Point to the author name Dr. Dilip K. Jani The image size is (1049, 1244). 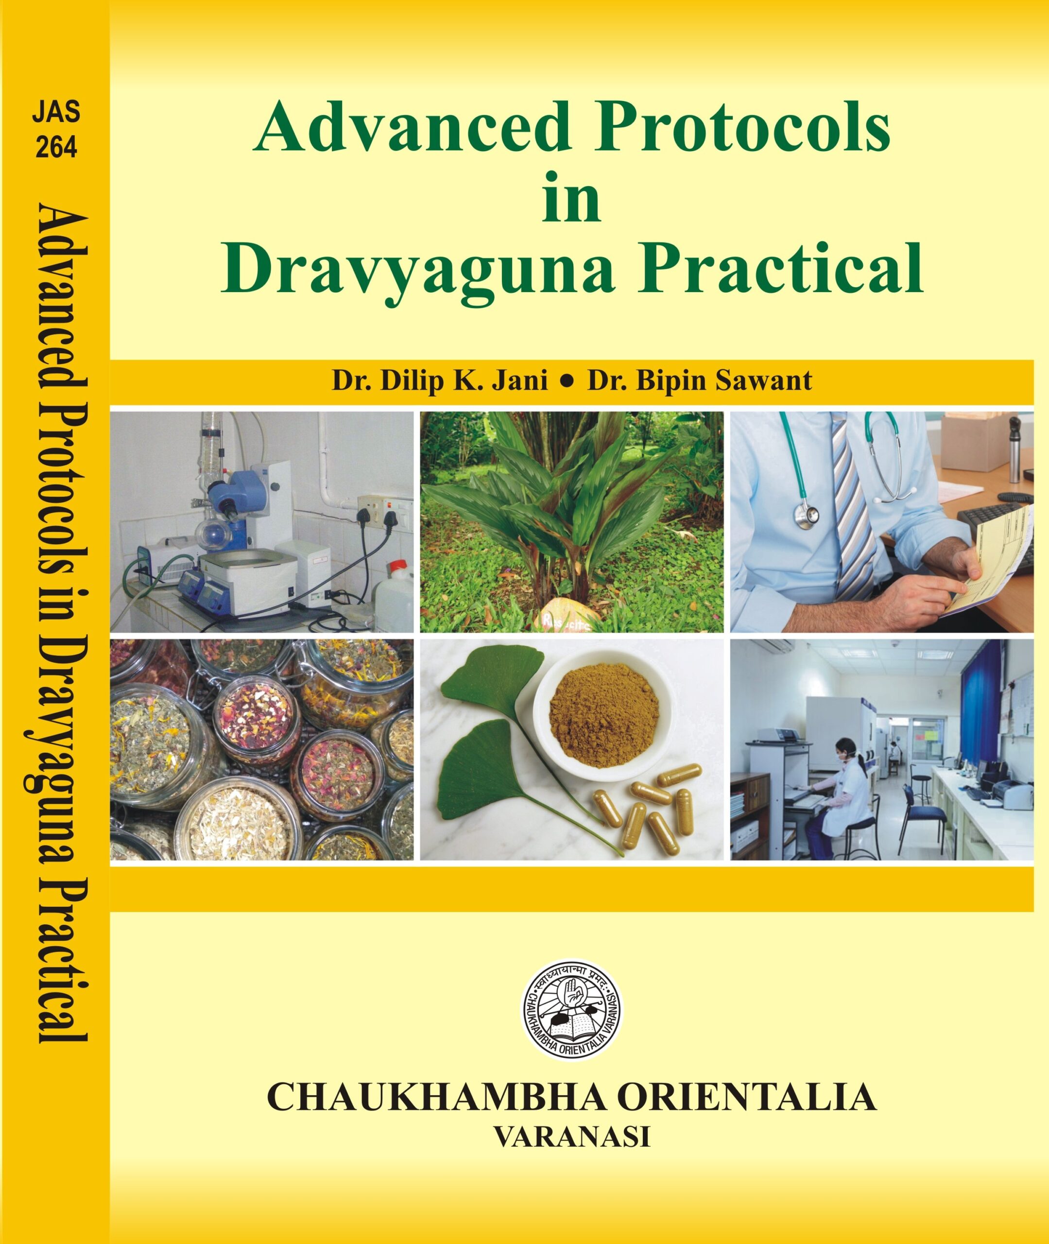click(x=440, y=380)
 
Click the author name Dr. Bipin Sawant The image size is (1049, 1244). click(x=700, y=380)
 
